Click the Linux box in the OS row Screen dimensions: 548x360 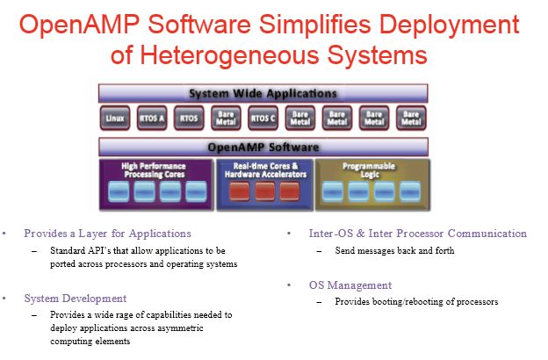115,119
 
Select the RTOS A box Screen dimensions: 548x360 152,119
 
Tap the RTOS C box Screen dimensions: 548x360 263,119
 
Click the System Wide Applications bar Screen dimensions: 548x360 263,93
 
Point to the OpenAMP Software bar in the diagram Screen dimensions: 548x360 263,147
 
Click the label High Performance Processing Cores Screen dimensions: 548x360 154,170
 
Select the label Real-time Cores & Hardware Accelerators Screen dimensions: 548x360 265,170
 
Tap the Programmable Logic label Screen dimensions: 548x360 369,170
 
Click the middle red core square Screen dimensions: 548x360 264,191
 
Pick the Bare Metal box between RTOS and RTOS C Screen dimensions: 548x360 226,119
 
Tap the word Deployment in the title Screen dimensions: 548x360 449,25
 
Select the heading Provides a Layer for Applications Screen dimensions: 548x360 108,234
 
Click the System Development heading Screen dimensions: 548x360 76,299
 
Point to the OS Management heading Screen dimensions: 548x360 350,284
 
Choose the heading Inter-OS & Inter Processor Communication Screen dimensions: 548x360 418,234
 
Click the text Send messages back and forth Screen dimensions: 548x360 394,250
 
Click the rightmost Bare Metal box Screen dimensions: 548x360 411,119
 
